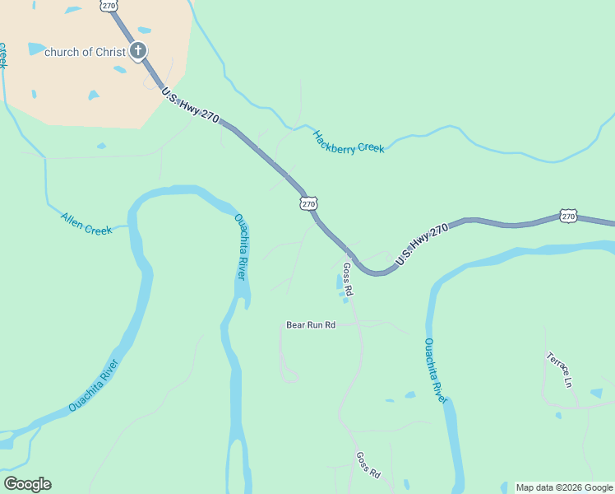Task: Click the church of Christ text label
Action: point(84,52)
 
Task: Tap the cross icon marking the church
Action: point(138,51)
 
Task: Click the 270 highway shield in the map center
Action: point(308,203)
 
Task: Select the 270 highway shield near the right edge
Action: point(569,216)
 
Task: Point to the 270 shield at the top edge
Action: point(109,5)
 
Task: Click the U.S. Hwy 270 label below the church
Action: point(190,106)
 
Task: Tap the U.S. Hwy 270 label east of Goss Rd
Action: point(422,245)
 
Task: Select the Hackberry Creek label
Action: point(348,142)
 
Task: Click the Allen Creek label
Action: point(86,223)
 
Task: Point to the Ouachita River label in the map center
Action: point(241,247)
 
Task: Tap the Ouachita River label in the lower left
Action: point(95,385)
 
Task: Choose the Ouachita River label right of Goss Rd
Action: point(436,370)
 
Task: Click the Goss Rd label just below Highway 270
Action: point(347,280)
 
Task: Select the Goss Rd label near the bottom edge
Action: point(368,465)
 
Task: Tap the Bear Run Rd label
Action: point(311,325)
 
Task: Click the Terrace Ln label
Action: point(559,370)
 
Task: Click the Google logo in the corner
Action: point(27,484)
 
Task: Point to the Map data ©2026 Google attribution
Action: point(564,487)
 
